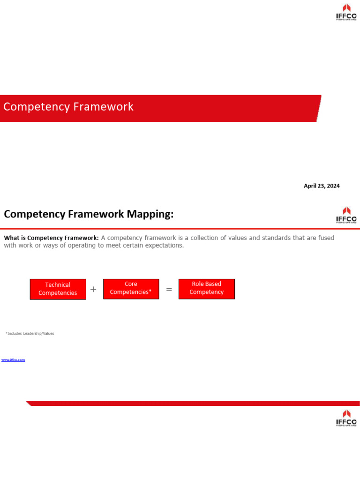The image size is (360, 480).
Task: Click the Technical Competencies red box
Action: [58, 289]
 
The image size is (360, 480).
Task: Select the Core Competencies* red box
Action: [131, 288]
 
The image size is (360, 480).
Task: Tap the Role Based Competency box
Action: [206, 288]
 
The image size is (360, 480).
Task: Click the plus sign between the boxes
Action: [93, 289]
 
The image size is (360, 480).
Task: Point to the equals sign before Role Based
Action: [169, 289]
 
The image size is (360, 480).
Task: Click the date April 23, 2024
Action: [322, 186]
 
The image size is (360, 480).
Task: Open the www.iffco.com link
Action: [13, 360]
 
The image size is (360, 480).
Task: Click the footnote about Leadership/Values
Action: [30, 333]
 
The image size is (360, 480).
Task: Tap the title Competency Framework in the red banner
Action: [68, 107]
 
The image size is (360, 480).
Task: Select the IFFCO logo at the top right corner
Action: [346, 12]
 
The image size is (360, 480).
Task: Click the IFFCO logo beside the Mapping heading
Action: [346, 215]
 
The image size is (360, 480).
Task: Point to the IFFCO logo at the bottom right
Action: [346, 418]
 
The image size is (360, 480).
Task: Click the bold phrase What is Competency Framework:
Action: [51, 238]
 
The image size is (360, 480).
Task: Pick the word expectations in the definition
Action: [165, 245]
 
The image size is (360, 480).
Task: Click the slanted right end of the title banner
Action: [318, 108]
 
